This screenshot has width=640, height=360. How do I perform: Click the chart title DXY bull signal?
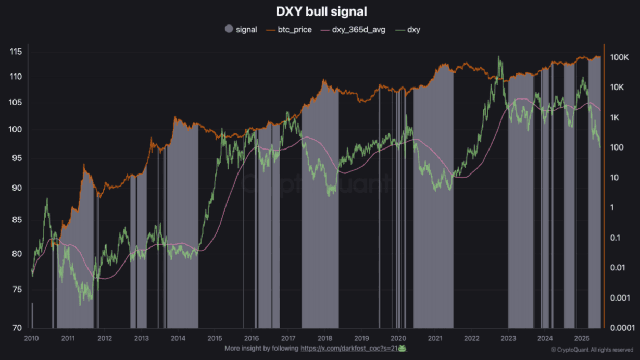click(x=320, y=11)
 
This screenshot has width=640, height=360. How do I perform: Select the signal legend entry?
click(x=246, y=30)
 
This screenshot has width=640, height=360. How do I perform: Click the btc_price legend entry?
click(x=295, y=30)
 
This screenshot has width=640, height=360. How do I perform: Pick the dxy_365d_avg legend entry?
click(x=358, y=30)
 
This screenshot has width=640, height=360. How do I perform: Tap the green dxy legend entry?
click(x=413, y=30)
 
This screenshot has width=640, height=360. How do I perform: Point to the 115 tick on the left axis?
click(x=16, y=52)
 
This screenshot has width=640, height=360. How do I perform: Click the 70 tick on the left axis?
click(x=17, y=328)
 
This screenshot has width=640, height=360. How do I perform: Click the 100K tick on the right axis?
click(x=620, y=57)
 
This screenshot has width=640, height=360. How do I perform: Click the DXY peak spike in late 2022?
click(x=499, y=57)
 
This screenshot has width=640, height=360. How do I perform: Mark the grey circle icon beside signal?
click(x=229, y=30)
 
